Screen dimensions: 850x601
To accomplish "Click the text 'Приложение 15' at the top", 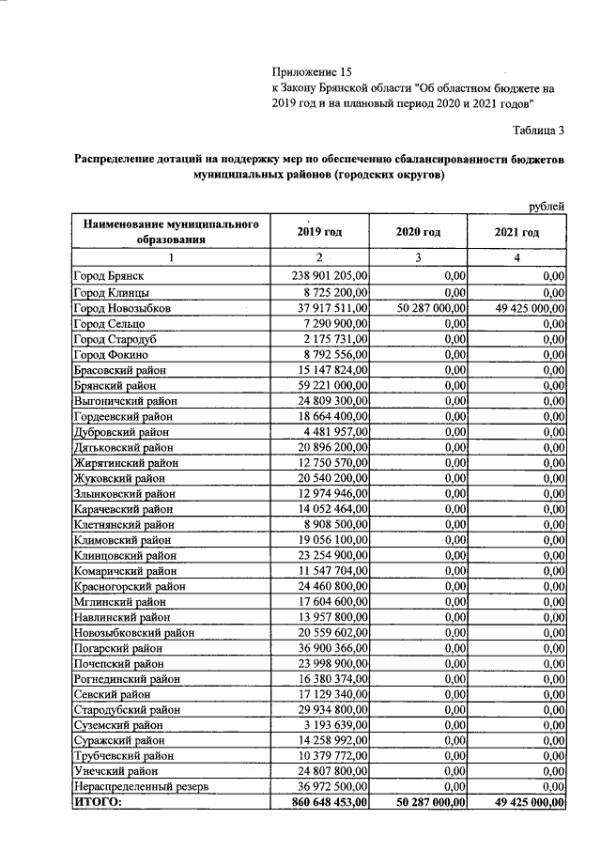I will click(310, 71).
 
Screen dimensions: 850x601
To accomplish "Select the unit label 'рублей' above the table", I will click(547, 205).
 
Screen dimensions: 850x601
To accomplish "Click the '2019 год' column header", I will click(319, 232).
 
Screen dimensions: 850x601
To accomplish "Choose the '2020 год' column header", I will click(418, 232).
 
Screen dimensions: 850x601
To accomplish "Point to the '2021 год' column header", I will click(516, 232).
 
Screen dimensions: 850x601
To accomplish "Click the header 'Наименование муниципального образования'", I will click(170, 232).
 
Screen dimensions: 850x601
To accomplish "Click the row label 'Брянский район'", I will click(116, 385).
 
